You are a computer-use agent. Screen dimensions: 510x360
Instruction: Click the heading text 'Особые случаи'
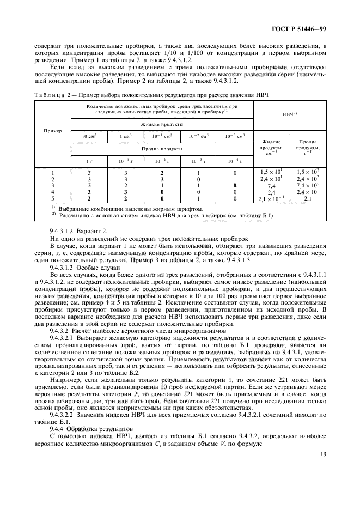[101, 268]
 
